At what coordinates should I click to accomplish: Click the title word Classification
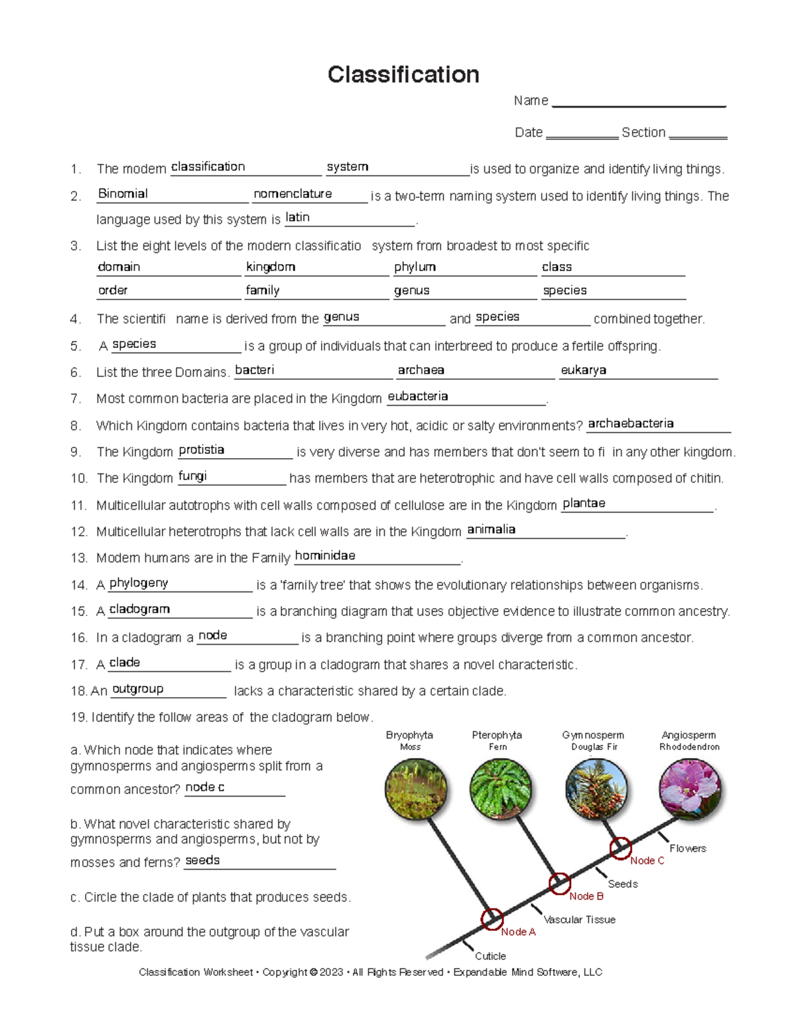[x=403, y=74]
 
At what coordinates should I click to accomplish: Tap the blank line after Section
[x=698, y=136]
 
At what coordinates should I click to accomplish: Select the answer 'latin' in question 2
[x=297, y=218]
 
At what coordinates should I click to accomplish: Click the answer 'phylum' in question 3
[x=415, y=267]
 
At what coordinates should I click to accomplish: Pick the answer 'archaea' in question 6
[x=421, y=370]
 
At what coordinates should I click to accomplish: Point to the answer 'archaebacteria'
[x=630, y=424]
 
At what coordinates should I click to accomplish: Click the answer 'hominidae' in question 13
[x=325, y=556]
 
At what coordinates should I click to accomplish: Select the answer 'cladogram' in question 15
[x=139, y=609]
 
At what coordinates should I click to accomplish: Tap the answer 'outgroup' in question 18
[x=137, y=689]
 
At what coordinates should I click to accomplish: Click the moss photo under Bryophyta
[x=416, y=789]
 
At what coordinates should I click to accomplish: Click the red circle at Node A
[x=492, y=919]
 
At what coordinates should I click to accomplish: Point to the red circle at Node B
[x=559, y=884]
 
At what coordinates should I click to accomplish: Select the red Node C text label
[x=647, y=861]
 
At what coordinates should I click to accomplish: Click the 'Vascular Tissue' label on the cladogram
[x=579, y=919]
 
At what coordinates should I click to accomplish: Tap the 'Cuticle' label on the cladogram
[x=490, y=956]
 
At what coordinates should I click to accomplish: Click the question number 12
[x=79, y=532]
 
